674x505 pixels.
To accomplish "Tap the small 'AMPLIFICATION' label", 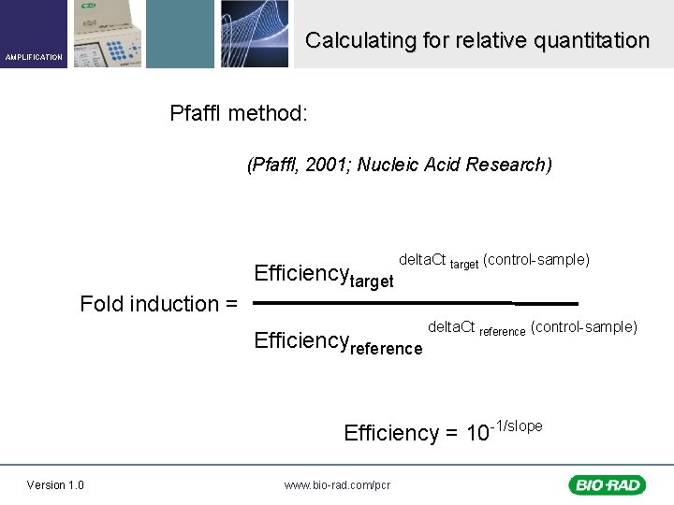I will (34, 57).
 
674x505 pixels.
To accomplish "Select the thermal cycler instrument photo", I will (109, 34).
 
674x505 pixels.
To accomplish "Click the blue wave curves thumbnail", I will (255, 34).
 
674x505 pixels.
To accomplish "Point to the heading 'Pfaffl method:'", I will (239, 114).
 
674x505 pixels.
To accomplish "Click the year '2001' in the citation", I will (332, 165).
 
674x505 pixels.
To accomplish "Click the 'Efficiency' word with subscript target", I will (300, 273).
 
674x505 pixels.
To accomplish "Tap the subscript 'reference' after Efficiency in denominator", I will (386, 349).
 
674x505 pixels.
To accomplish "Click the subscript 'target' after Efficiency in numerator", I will (371, 281).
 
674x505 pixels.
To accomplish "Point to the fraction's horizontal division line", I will (416, 303).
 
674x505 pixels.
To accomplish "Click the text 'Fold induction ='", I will (159, 304).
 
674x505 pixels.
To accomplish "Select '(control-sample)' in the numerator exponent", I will (535, 259).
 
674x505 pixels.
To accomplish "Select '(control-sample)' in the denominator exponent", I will (583, 326).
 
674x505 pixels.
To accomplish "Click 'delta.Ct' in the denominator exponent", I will (451, 326).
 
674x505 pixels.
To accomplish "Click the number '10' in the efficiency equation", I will (477, 433).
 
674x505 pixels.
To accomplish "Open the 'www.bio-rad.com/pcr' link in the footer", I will (337, 484).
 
